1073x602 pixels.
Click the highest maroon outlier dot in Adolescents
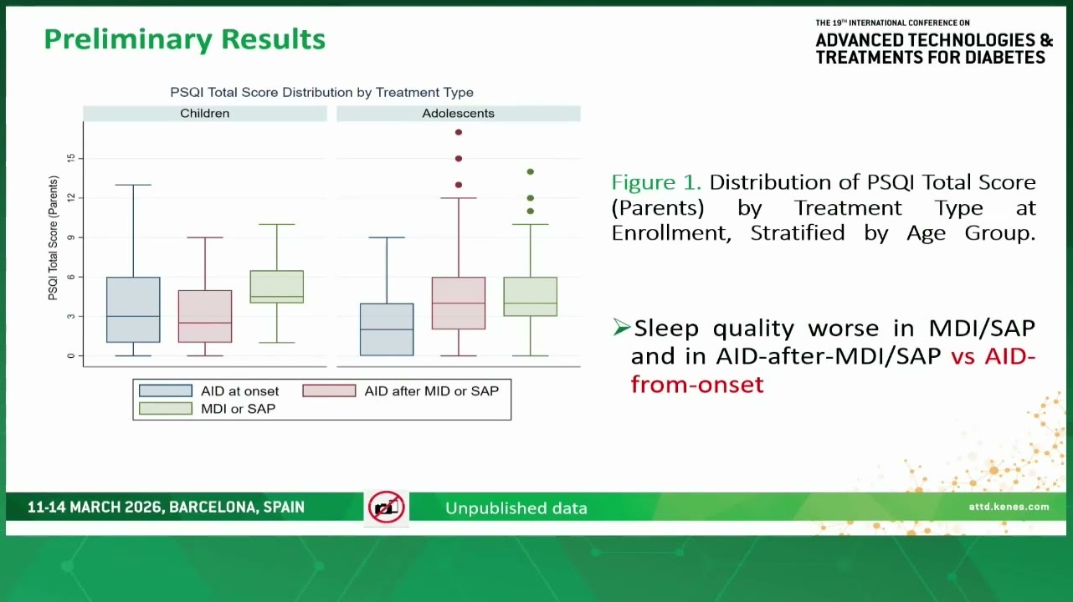pyautogui.click(x=459, y=132)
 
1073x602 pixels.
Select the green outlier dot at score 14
pyautogui.click(x=531, y=171)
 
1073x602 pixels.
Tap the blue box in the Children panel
pyautogui.click(x=133, y=309)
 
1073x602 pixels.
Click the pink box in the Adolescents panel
pyautogui.click(x=459, y=303)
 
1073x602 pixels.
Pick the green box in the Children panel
pyautogui.click(x=277, y=287)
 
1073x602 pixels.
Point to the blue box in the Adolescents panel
pyautogui.click(x=387, y=329)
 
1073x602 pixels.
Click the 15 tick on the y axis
pyautogui.click(x=71, y=158)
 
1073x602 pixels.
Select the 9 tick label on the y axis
pyautogui.click(x=71, y=237)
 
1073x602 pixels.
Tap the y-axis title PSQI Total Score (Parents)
pyautogui.click(x=53, y=237)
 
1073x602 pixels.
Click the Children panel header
pyautogui.click(x=205, y=114)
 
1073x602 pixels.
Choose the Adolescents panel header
pyautogui.click(x=459, y=114)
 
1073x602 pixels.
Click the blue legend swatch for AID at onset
pyautogui.click(x=166, y=391)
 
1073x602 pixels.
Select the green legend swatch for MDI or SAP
pyautogui.click(x=166, y=409)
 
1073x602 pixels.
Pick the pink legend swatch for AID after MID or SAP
pyautogui.click(x=329, y=391)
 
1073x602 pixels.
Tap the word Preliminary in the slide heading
pyautogui.click(x=128, y=40)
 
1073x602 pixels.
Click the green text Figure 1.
pyautogui.click(x=656, y=182)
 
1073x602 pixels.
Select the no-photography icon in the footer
pyautogui.click(x=386, y=508)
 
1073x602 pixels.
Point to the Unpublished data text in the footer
pyautogui.click(x=516, y=508)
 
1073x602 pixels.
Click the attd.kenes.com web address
pyautogui.click(x=1009, y=507)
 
